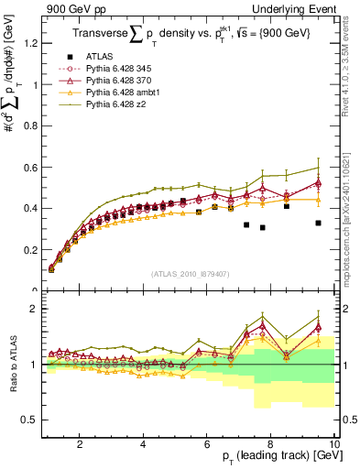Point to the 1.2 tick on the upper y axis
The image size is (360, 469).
click(31, 43)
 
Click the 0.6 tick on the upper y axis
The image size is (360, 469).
click(31, 167)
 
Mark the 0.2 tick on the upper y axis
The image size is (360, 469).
click(31, 249)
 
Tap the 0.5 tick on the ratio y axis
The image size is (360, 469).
click(31, 420)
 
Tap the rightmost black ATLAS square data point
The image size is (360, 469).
click(318, 223)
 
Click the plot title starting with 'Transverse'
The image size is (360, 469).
click(187, 35)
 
